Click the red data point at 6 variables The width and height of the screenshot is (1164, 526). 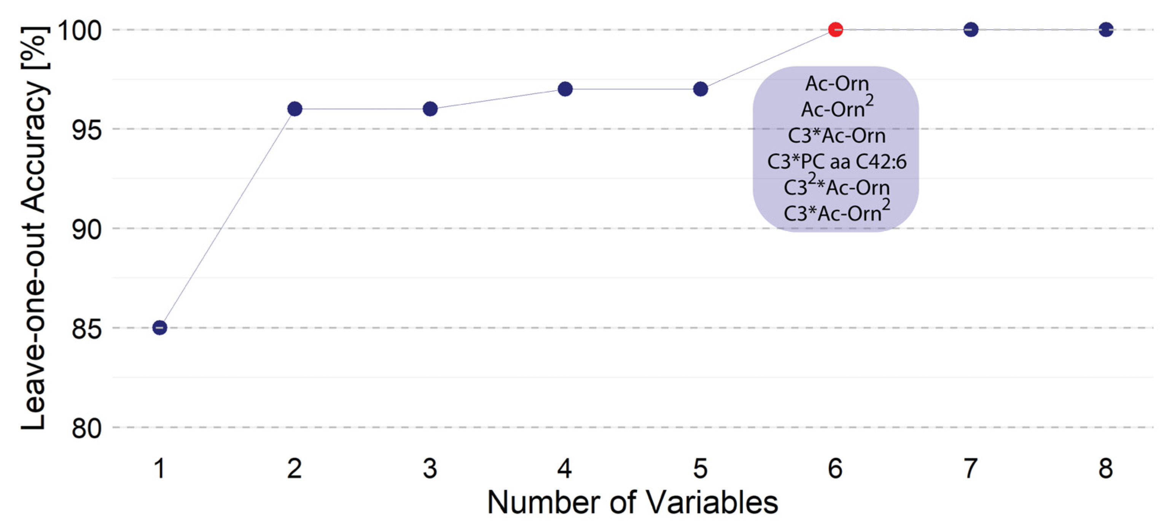point(835,29)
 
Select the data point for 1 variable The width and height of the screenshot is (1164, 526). point(159,328)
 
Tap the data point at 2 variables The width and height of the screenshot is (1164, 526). point(295,109)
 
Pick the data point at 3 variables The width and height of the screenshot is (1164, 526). point(430,109)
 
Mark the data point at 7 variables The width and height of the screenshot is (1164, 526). point(971,29)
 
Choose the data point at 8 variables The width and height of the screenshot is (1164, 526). point(1106,29)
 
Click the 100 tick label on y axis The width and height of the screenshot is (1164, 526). point(79,31)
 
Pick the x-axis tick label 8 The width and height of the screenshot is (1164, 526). point(1106,468)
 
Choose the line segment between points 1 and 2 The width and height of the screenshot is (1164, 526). point(227,218)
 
